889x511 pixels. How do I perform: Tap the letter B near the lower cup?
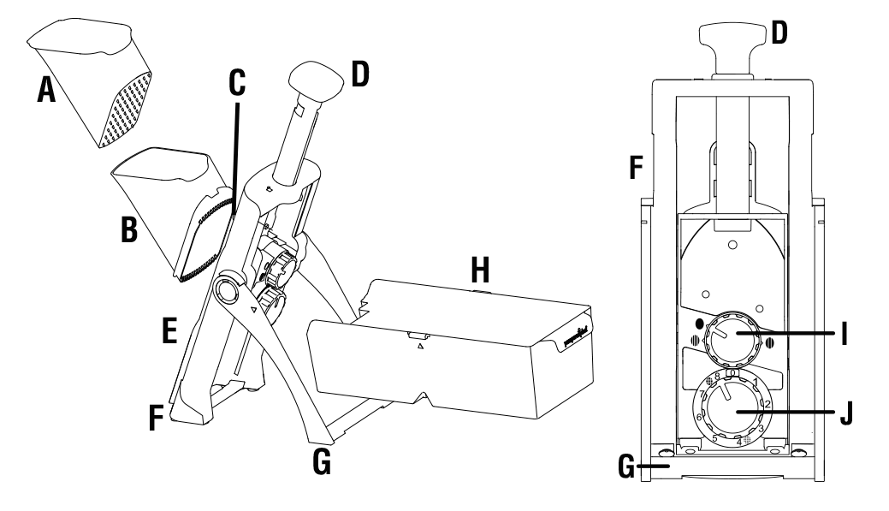128,231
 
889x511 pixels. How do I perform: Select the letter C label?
237,83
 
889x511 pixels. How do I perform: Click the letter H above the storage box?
483,272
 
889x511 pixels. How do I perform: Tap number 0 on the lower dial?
732,374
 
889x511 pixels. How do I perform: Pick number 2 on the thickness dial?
768,404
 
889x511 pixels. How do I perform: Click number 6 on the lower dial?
700,418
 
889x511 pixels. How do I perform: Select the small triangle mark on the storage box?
420,348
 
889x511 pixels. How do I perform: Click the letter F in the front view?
635,167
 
